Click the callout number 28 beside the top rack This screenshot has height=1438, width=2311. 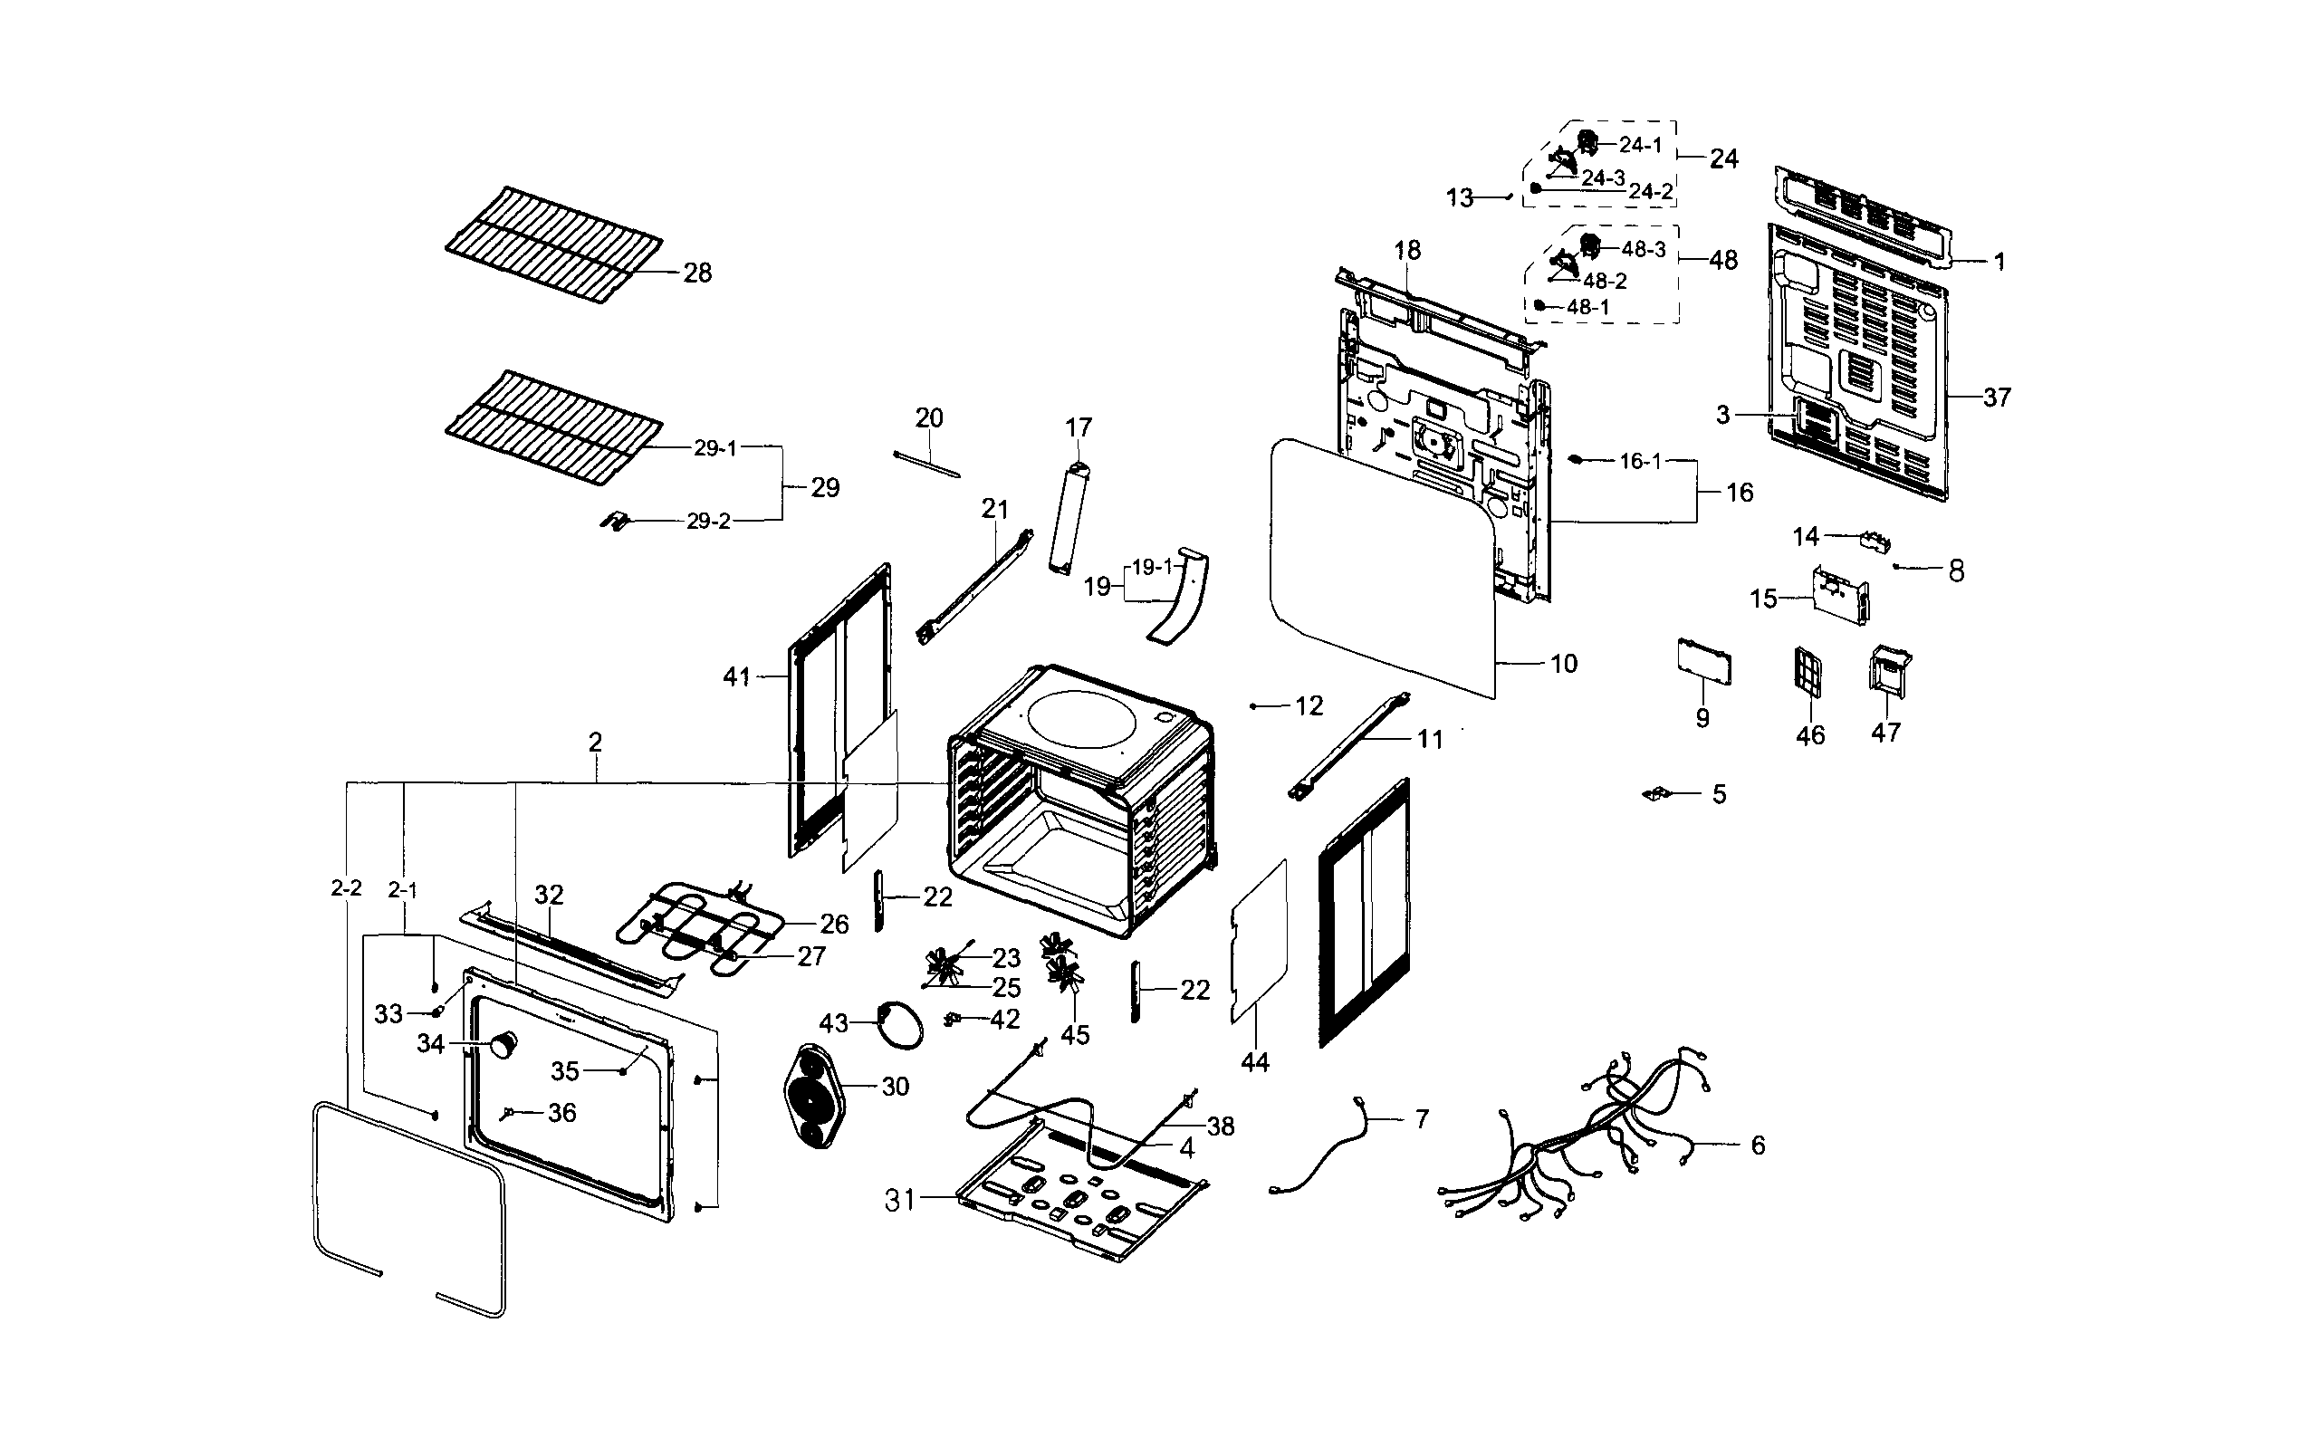[697, 273]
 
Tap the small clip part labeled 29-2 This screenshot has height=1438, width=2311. [617, 522]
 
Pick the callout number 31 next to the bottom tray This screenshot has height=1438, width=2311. [898, 1200]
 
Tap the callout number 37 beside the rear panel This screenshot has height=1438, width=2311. [1996, 397]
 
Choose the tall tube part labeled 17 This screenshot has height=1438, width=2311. [1065, 518]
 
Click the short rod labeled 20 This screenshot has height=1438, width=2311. [926, 465]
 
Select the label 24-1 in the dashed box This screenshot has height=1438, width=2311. [1641, 146]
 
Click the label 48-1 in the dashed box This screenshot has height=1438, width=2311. [1588, 307]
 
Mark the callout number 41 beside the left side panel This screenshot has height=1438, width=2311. [736, 677]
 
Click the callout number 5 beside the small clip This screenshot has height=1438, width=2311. [1719, 794]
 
